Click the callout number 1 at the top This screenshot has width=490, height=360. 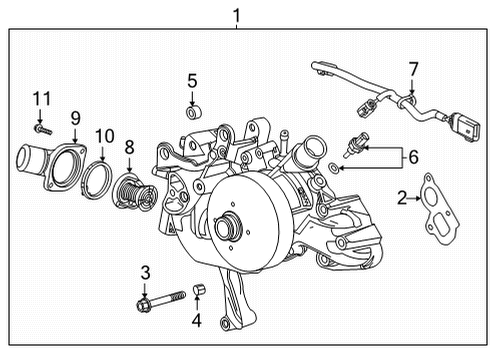tap(236, 14)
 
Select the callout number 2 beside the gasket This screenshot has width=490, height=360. tap(402, 198)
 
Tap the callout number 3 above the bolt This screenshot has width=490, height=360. tap(145, 271)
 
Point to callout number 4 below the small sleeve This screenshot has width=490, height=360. tap(197, 320)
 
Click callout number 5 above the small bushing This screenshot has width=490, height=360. tap(192, 81)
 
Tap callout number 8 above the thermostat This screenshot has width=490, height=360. tap(129, 147)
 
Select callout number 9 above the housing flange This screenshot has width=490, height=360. tap(74, 118)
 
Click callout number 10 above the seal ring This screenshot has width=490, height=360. tap(105, 135)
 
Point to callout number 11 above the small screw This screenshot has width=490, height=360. tap(40, 98)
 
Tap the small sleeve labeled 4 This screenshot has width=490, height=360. tap(197, 291)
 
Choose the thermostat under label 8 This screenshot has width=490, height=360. tap(128, 189)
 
